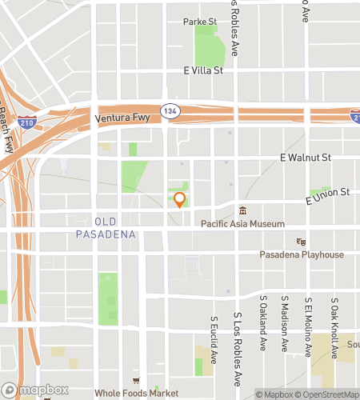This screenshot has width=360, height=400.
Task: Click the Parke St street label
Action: [200, 21]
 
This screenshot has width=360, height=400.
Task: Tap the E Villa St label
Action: [202, 70]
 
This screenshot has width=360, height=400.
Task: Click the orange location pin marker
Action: [180, 200]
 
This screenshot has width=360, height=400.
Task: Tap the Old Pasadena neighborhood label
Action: [106, 228]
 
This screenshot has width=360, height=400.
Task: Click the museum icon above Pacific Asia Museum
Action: [242, 211]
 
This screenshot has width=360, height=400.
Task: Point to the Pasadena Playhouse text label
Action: [302, 254]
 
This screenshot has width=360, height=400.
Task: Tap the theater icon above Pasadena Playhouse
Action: [302, 242]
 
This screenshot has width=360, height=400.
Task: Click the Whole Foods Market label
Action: [136, 393]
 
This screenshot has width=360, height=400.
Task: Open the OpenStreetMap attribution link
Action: [327, 394]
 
